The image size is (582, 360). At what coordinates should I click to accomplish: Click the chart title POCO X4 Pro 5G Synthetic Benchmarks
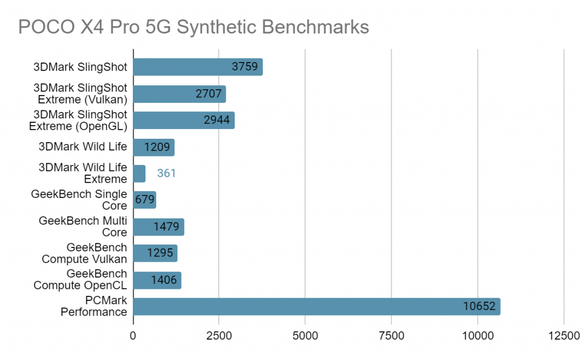tap(194, 26)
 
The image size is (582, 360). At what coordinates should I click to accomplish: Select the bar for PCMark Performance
tap(316, 307)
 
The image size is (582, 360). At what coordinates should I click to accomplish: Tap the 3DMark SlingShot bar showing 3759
tap(197, 67)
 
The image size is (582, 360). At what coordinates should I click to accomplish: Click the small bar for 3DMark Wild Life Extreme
tap(139, 173)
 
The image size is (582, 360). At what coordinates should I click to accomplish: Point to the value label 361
tap(167, 173)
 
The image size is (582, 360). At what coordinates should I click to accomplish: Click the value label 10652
tap(480, 307)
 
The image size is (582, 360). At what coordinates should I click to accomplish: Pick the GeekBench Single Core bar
tap(144, 200)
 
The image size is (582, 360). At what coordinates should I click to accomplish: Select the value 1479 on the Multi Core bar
tap(166, 227)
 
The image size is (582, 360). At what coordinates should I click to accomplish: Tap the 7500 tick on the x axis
tap(392, 336)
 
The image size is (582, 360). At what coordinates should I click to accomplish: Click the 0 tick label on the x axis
tap(134, 336)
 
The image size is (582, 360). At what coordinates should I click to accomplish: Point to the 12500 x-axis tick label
tap(563, 336)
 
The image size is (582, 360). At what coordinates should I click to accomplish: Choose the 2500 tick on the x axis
tap(219, 336)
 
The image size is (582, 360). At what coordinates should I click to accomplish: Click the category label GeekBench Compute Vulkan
tap(85, 253)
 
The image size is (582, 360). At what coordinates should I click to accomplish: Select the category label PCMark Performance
tap(94, 306)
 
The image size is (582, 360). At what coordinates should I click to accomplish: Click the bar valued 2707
tap(179, 94)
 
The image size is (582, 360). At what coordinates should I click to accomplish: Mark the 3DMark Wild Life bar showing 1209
tap(153, 147)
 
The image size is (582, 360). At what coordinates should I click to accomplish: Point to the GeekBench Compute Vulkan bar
tap(155, 254)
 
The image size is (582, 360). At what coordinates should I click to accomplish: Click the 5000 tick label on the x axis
tap(305, 336)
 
